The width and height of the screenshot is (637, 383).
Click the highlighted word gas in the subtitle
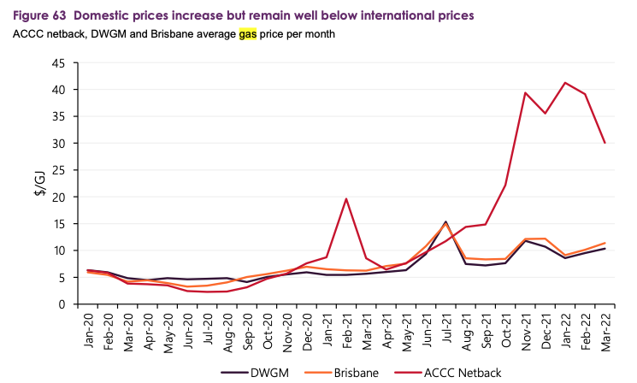point(248,33)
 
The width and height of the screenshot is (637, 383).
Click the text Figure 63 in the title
point(39,16)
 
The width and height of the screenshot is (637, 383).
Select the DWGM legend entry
point(255,373)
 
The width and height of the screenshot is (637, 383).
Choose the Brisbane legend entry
point(341,373)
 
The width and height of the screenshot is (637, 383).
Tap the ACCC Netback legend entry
point(448,373)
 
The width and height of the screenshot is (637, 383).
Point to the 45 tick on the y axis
point(58,64)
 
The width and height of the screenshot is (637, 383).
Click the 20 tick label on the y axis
point(58,197)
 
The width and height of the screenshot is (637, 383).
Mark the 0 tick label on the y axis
point(62,304)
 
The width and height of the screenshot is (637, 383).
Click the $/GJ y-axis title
point(41,183)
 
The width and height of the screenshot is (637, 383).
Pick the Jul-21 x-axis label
point(447,330)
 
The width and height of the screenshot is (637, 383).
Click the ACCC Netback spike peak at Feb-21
point(346,198)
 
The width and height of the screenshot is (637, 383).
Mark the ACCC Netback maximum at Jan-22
point(565,83)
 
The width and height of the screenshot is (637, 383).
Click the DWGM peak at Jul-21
point(445,221)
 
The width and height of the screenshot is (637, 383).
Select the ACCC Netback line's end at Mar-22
point(605,143)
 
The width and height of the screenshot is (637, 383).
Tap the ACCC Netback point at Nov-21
point(525,92)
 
